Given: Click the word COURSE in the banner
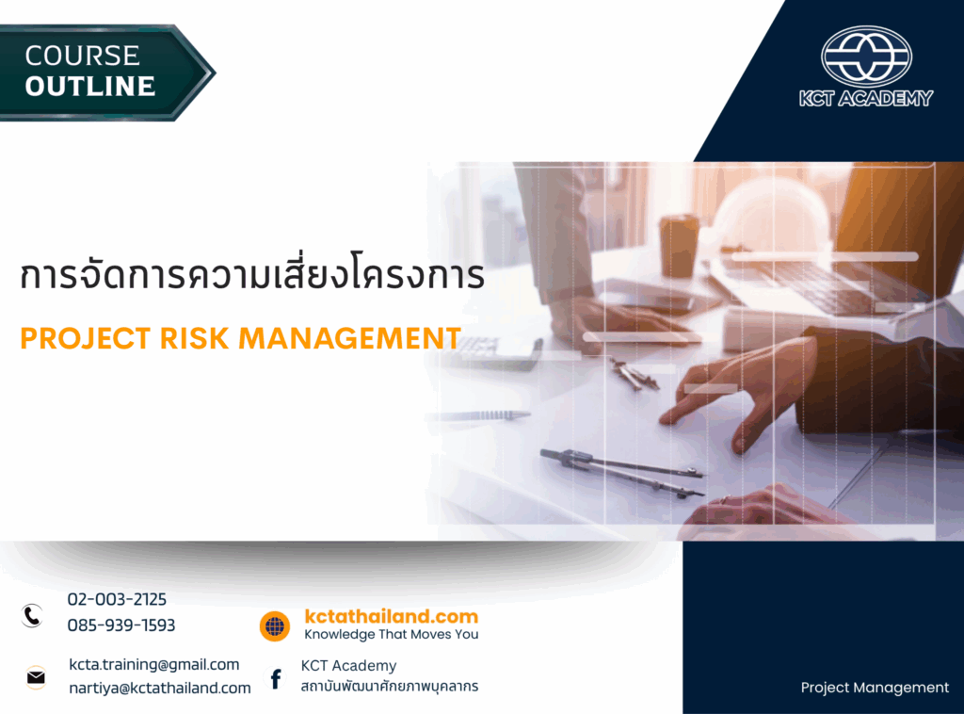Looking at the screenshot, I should pos(83,56).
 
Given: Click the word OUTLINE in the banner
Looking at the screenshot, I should pos(90,87).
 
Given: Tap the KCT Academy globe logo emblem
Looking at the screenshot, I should pos(866,57).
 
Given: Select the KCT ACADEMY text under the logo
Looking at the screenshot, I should pos(866,98).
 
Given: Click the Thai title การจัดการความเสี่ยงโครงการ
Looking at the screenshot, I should pos(252,275).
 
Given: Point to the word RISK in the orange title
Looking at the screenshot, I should pos(201,338).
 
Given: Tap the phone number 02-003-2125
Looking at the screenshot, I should pos(117,599).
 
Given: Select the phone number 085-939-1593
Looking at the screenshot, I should pos(121,625).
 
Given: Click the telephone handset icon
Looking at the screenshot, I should pos(33,616).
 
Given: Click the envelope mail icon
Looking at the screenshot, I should pos(36,676).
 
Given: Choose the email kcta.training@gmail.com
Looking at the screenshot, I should pos(154,664).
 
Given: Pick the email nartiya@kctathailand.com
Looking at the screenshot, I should pos(160,688).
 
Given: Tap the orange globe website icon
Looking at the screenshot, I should pos(275,625).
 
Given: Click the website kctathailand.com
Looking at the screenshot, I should pos(391,616).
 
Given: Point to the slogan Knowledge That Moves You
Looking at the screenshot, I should pos(391,635).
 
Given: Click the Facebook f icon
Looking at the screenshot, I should pos(276,678).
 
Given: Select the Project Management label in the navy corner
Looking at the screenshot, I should pos(875,688).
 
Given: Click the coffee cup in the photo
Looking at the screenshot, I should pos(679,244).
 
